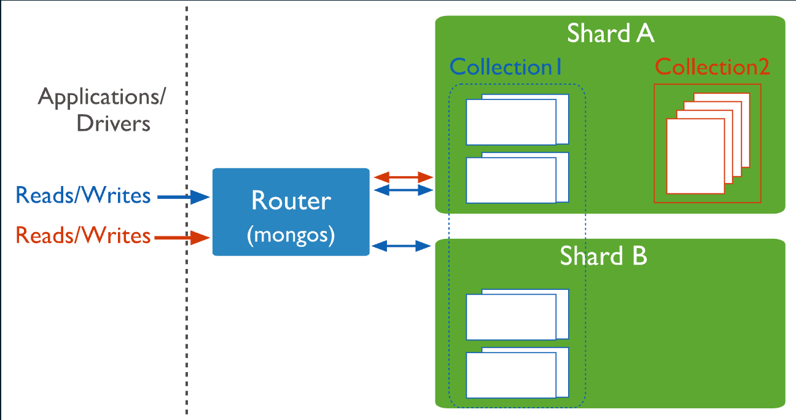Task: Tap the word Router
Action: coord(291,201)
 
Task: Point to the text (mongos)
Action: coord(291,236)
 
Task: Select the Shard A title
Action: coord(611,33)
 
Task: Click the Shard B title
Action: coord(603,256)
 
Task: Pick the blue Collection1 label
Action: coord(506,67)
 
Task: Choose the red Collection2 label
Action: coord(712,67)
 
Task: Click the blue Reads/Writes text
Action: coord(83,196)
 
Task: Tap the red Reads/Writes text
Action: coord(83,235)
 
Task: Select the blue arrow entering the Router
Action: coord(184,197)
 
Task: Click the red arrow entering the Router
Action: coord(182,236)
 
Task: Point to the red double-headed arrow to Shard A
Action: coord(404,177)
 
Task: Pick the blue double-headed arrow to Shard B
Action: coord(402,246)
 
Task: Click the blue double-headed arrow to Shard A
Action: coord(404,191)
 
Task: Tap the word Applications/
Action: coord(103,97)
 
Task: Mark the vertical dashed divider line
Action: coord(187,307)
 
